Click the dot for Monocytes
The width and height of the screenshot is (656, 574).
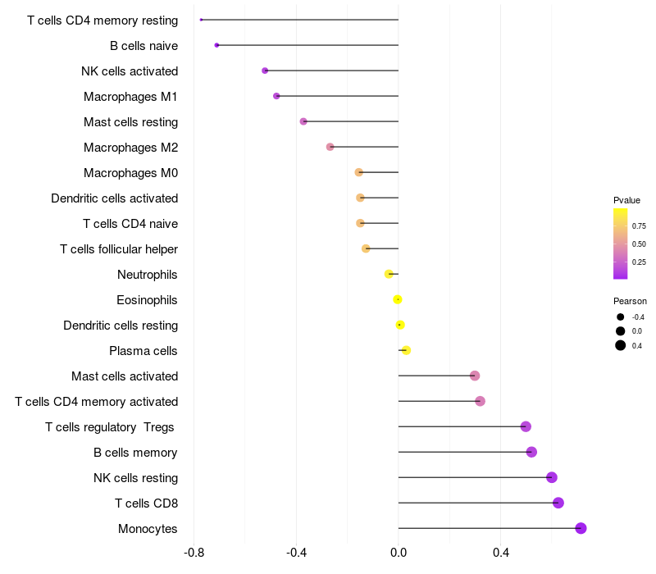click(581, 528)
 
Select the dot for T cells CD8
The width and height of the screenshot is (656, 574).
click(558, 503)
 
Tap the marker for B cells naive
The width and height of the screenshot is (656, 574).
click(216, 45)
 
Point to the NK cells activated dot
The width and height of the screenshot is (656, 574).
click(265, 71)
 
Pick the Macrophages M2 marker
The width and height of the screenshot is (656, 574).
click(330, 147)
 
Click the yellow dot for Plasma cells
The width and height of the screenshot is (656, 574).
click(406, 350)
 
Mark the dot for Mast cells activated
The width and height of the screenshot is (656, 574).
click(475, 376)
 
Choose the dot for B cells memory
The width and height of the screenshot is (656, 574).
click(531, 452)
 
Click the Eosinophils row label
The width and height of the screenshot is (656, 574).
click(147, 300)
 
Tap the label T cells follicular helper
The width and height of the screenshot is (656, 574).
click(119, 249)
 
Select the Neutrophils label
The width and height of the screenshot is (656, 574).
click(148, 275)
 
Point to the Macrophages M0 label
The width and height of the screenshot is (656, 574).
click(131, 173)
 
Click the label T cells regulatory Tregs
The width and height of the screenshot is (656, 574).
click(111, 427)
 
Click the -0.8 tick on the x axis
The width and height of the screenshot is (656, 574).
click(194, 553)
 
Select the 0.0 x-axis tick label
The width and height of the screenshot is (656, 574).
click(399, 553)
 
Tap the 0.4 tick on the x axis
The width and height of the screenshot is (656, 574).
click(501, 553)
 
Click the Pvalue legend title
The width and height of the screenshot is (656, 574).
click(626, 200)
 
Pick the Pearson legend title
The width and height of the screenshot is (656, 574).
click(630, 301)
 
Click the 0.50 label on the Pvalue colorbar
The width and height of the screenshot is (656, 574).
click(639, 244)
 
